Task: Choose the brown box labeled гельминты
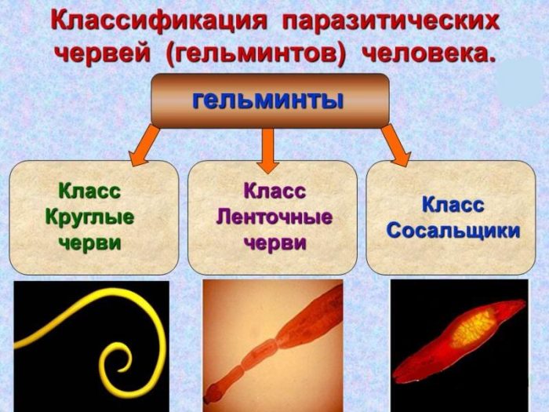[270, 100]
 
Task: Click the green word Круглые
[89, 217]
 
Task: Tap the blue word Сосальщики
[453, 232]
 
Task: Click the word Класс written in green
[89, 191]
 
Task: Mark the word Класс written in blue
[453, 205]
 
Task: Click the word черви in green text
[89, 242]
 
